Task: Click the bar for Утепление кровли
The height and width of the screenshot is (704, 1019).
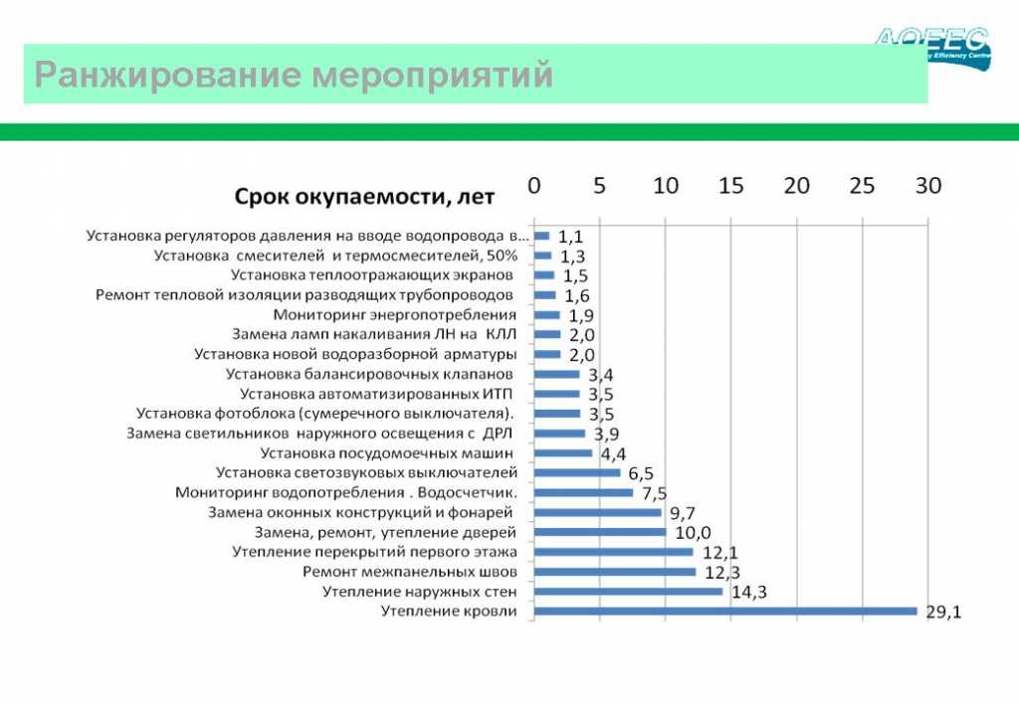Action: tap(725, 611)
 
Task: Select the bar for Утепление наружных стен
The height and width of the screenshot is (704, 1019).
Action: tap(629, 591)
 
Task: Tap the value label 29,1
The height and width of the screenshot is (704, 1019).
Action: tap(943, 613)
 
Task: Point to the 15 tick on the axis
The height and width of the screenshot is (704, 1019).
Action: tap(731, 186)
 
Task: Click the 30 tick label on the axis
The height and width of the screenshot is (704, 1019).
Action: tap(927, 186)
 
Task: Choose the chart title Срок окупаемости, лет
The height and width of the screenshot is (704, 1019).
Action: tap(364, 197)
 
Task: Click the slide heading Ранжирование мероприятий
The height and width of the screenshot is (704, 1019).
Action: tap(294, 75)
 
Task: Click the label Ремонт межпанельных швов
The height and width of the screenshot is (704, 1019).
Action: tap(410, 572)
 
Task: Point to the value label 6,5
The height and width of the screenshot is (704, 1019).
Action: tap(641, 473)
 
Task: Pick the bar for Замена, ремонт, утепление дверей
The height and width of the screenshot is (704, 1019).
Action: tap(601, 532)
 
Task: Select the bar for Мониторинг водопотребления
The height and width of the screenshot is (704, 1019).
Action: tap(584, 492)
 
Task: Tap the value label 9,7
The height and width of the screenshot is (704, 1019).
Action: tap(682, 513)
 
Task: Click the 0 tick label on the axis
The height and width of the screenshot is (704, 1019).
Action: tap(534, 186)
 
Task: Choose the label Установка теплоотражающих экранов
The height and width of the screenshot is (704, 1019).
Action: tap(372, 274)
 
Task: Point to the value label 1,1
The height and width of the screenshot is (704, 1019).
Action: tap(570, 237)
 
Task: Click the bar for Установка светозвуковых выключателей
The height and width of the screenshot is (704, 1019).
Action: tap(578, 472)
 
